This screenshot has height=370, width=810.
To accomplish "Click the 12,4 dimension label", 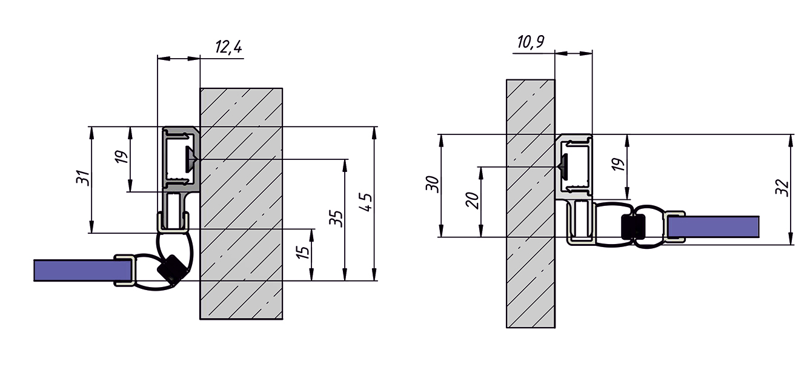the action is pyautogui.click(x=228, y=47).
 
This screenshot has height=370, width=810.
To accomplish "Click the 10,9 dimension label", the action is pyautogui.click(x=531, y=42).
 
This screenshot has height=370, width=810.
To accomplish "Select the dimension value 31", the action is pyautogui.click(x=83, y=178).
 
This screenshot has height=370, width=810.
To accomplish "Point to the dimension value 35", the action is pyautogui.click(x=336, y=218).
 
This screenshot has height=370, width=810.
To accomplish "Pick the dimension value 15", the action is pyautogui.click(x=303, y=252).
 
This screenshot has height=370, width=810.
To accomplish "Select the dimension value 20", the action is pyautogui.click(x=473, y=200).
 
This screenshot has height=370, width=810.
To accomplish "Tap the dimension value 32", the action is pyautogui.click(x=782, y=188).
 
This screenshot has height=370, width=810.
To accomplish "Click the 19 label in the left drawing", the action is pyautogui.click(x=122, y=156).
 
